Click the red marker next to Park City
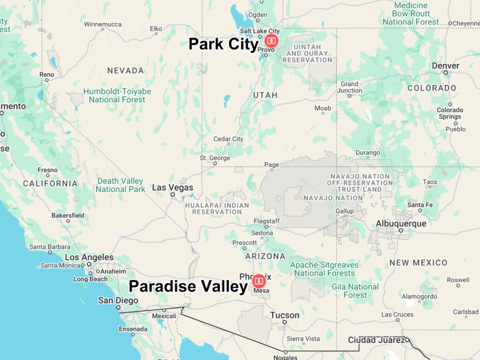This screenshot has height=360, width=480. coord(271,41)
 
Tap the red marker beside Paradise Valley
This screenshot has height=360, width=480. coord(259,281)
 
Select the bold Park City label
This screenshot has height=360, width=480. coord(223,44)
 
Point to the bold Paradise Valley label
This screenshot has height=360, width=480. coord(188,286)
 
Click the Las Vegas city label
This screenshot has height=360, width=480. coord(173,188)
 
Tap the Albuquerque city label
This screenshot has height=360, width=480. coord(401,223)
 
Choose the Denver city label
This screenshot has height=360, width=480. coord(445,66)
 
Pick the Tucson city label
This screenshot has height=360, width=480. coord(285,315)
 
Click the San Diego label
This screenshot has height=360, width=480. coord(118,301)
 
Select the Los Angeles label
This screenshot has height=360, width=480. coord(89,257)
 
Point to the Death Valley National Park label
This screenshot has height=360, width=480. coord(120,185)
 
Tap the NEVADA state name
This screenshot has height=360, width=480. coord(125,70)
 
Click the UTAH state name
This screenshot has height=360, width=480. coord(265,95)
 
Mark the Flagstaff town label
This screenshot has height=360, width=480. coord(266,221)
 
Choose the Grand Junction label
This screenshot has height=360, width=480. coord(349,88)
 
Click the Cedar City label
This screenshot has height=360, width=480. coord(228,139)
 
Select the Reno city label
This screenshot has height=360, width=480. coord(47,75)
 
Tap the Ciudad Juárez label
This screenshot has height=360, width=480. coord(376,339)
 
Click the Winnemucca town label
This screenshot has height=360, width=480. coord(103,24)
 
